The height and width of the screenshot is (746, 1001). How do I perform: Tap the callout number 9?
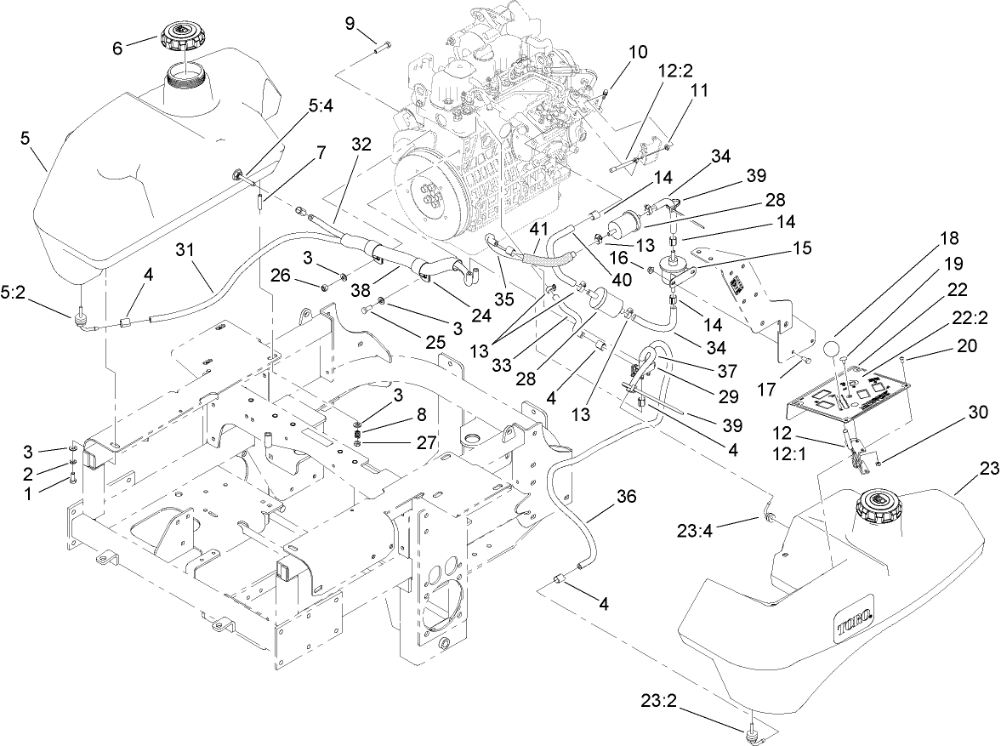(x=350, y=22)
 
